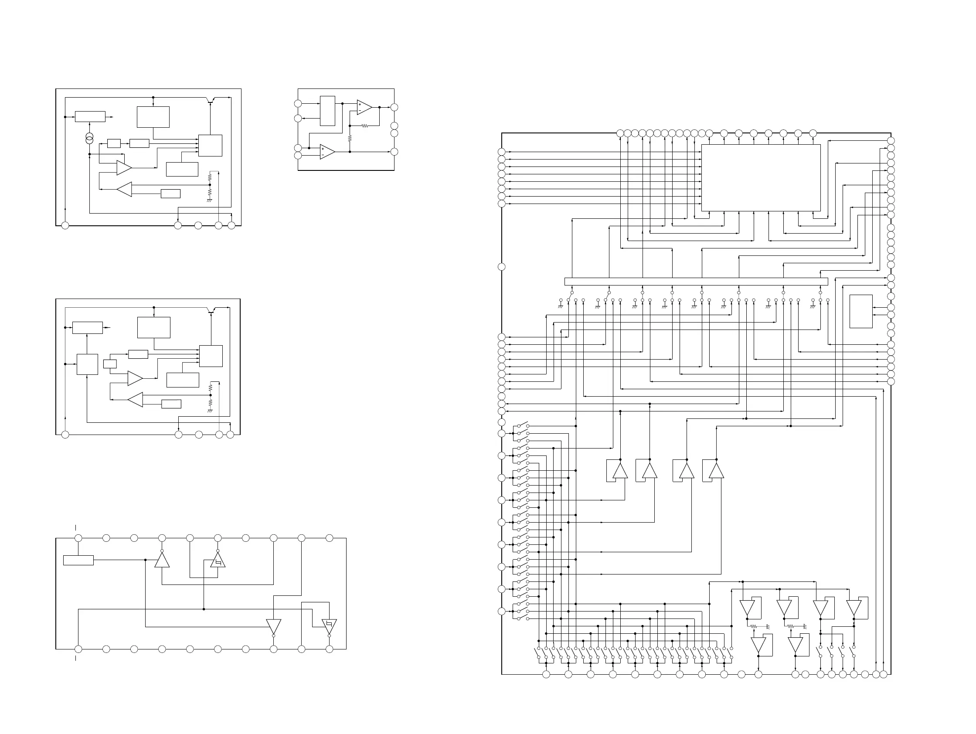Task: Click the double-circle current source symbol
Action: click(89, 139)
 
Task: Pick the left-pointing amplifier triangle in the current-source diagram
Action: click(124, 189)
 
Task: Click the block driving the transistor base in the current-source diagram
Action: click(210, 146)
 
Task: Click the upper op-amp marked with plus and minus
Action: click(364, 107)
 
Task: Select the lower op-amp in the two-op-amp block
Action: click(327, 152)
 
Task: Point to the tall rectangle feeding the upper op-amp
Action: click(327, 111)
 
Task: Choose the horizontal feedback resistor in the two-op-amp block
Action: click(365, 126)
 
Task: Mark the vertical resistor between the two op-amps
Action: click(350, 139)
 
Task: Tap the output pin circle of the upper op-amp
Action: click(394, 107)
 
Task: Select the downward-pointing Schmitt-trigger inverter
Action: click(329, 626)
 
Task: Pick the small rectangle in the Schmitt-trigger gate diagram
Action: click(78, 560)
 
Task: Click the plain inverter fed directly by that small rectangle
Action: click(162, 560)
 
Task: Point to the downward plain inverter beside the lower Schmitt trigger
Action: click(274, 626)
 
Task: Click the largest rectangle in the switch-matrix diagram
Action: click(761, 178)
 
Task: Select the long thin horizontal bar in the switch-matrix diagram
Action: click(696, 282)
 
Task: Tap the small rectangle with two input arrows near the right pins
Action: click(861, 311)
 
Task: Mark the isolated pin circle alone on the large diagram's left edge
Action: click(502, 267)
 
